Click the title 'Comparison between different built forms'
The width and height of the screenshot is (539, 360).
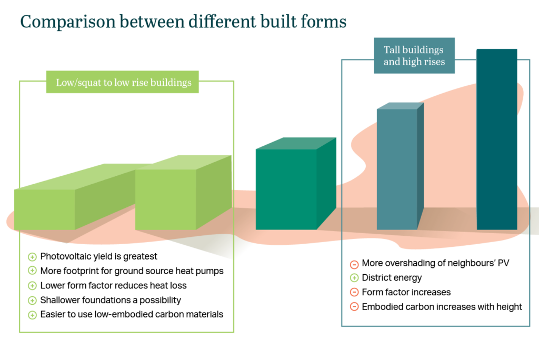coord(183,22)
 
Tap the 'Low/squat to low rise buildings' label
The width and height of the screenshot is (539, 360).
coord(122,82)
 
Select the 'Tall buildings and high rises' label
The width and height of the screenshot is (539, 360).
coord(414,56)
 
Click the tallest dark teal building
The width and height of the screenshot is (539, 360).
coord(497,139)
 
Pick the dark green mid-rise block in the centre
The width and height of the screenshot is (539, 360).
coord(296,184)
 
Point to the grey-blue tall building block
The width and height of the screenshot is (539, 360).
coord(400,166)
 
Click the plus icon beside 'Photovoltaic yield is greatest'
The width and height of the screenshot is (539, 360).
coord(32,257)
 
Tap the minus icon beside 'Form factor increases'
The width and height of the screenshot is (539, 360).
coord(354,292)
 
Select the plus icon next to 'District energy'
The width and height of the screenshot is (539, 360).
coord(354,278)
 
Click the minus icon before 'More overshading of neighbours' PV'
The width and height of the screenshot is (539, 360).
coord(354,264)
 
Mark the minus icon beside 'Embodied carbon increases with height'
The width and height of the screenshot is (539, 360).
coord(354,307)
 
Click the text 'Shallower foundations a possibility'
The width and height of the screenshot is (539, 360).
coord(111,300)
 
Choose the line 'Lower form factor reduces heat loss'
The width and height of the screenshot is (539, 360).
coord(114,285)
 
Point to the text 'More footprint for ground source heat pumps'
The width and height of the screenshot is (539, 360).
coord(132,271)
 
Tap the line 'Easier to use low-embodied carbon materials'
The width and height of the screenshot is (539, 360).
coord(132,314)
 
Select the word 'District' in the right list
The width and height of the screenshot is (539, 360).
coord(375,277)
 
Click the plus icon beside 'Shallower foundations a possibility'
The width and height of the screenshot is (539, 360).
coord(32,301)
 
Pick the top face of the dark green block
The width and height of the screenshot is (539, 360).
coord(296,143)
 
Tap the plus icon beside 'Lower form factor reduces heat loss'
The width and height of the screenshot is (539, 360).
coord(32,286)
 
